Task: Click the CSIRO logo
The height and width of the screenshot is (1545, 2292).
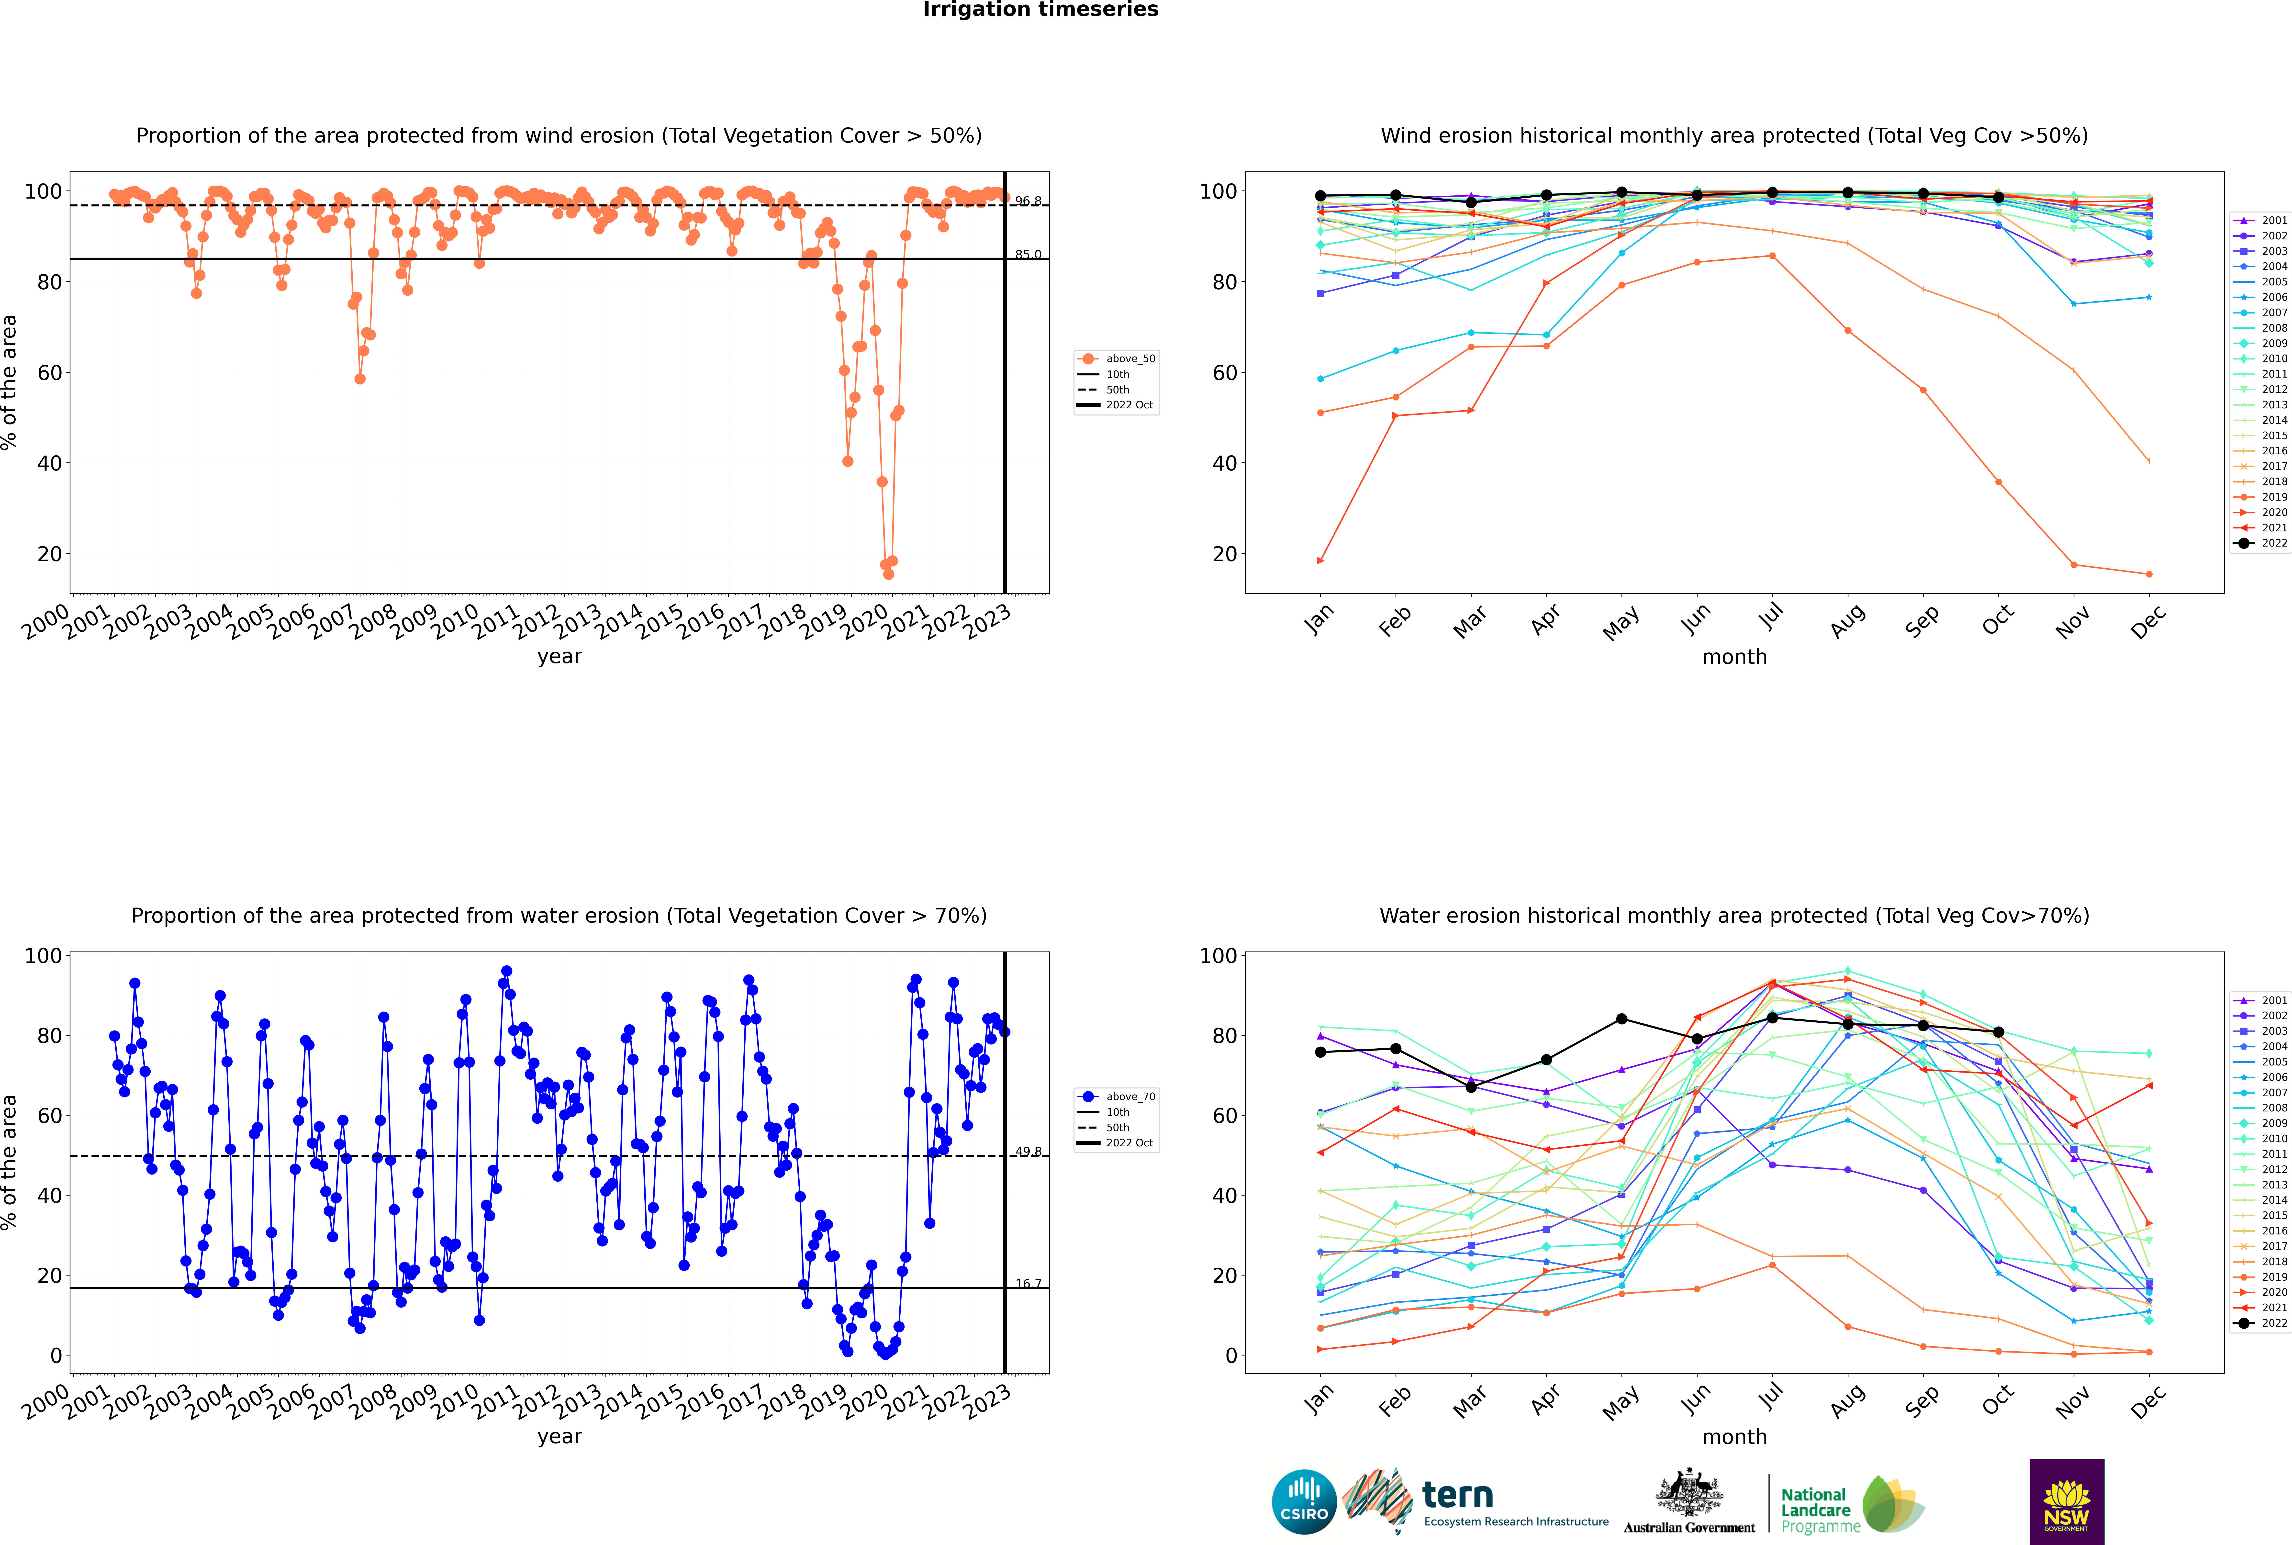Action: point(1304,1502)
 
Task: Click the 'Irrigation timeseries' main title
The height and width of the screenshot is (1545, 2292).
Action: point(1040,10)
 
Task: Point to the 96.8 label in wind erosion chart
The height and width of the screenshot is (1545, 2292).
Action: point(1028,201)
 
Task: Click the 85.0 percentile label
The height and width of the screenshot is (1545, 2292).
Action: point(1028,254)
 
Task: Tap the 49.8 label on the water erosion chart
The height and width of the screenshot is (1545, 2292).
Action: point(1028,1151)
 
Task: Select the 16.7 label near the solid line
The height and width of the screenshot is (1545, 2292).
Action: point(1028,1283)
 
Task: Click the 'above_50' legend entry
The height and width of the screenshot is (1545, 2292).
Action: point(1129,359)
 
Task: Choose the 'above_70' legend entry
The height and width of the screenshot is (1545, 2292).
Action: point(1129,1097)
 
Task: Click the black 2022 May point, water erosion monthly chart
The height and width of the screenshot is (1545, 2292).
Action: point(1621,1019)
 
